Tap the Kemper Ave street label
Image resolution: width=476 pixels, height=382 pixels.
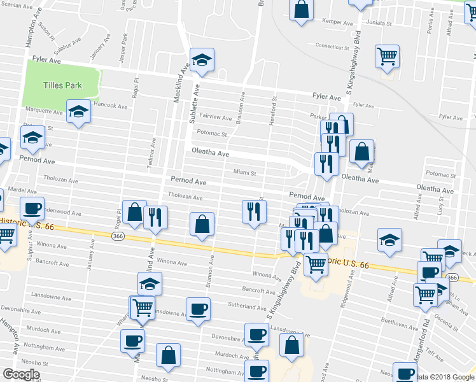point(337,21)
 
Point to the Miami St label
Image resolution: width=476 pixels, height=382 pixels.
point(244,172)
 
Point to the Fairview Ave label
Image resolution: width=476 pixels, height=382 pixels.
point(215,118)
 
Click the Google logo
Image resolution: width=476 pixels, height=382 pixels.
point(21,374)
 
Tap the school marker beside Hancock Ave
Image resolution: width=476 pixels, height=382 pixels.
point(79,111)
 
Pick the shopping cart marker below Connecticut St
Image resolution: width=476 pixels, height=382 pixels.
point(387,56)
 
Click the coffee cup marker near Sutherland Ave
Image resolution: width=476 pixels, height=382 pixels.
point(199,309)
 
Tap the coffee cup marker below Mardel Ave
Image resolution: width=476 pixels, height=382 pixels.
point(32,208)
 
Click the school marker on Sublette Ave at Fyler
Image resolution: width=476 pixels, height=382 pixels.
point(202,60)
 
